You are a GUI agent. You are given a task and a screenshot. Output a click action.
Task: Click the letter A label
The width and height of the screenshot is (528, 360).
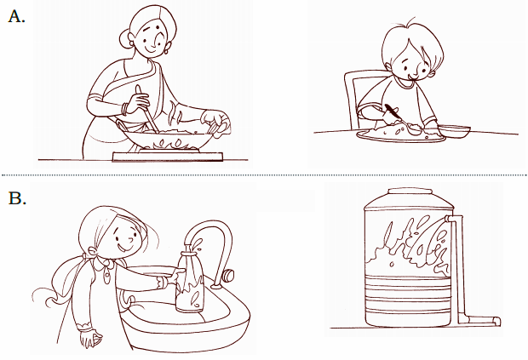[16, 16]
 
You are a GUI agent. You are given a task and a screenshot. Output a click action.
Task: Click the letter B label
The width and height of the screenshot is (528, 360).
[17, 198]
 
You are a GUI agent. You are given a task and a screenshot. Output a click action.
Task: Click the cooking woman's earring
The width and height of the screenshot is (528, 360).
[166, 51]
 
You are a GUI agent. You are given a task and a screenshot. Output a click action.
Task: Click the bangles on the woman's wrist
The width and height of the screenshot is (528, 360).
[125, 109]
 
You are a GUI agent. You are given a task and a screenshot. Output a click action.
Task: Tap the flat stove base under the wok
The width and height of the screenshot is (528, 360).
[168, 157]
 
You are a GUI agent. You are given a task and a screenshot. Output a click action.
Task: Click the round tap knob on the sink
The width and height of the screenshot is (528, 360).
[228, 275]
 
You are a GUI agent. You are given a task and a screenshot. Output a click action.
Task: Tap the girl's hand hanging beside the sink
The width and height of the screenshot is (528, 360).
[89, 339]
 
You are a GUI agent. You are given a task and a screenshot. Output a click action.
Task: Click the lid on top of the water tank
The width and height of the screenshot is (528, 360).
[410, 191]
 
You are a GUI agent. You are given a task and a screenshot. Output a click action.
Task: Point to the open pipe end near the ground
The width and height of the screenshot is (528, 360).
[497, 322]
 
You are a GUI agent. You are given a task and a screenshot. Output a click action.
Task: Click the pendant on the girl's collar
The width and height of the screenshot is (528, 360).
[106, 276]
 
